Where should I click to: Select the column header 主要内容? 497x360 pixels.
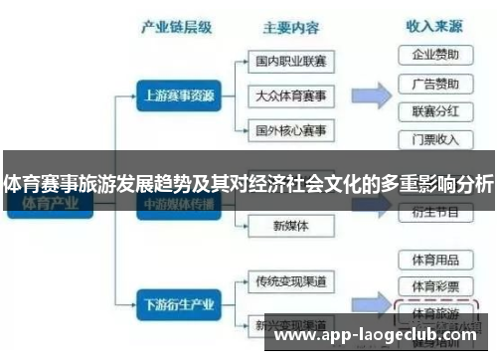[x=289, y=27]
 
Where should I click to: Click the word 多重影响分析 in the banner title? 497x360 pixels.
[x=437, y=185]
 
